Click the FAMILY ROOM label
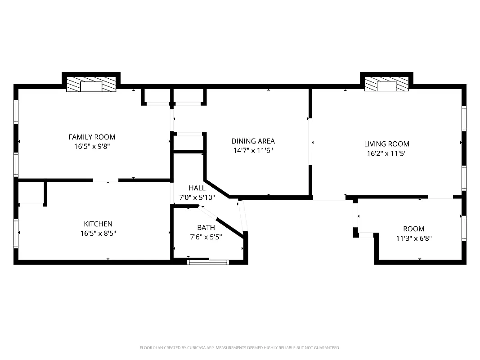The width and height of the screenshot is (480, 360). (x=92, y=137)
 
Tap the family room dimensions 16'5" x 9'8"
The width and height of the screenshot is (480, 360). (x=92, y=146)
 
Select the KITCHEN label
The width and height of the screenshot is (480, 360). (x=98, y=224)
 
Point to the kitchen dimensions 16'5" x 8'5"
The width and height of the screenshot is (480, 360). (x=98, y=233)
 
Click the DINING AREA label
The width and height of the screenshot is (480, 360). (x=253, y=141)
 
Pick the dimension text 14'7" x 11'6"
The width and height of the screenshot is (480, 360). (x=253, y=150)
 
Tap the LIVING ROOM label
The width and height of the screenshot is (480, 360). (x=386, y=144)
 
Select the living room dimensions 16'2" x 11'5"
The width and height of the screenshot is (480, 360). (x=386, y=153)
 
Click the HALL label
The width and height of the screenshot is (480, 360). (x=197, y=188)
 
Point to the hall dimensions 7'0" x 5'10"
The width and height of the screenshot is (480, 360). (x=197, y=197)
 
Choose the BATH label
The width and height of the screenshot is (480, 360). (x=206, y=227)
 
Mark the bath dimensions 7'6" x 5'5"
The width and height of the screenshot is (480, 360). (x=206, y=236)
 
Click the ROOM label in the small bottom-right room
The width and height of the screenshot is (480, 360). (x=413, y=229)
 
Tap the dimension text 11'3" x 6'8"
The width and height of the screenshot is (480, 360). (x=413, y=238)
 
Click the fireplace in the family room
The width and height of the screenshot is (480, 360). (x=91, y=85)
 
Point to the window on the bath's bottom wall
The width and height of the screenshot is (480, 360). (x=208, y=261)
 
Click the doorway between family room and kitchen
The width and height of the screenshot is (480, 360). (x=106, y=180)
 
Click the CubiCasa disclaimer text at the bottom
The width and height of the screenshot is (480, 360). (x=240, y=348)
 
